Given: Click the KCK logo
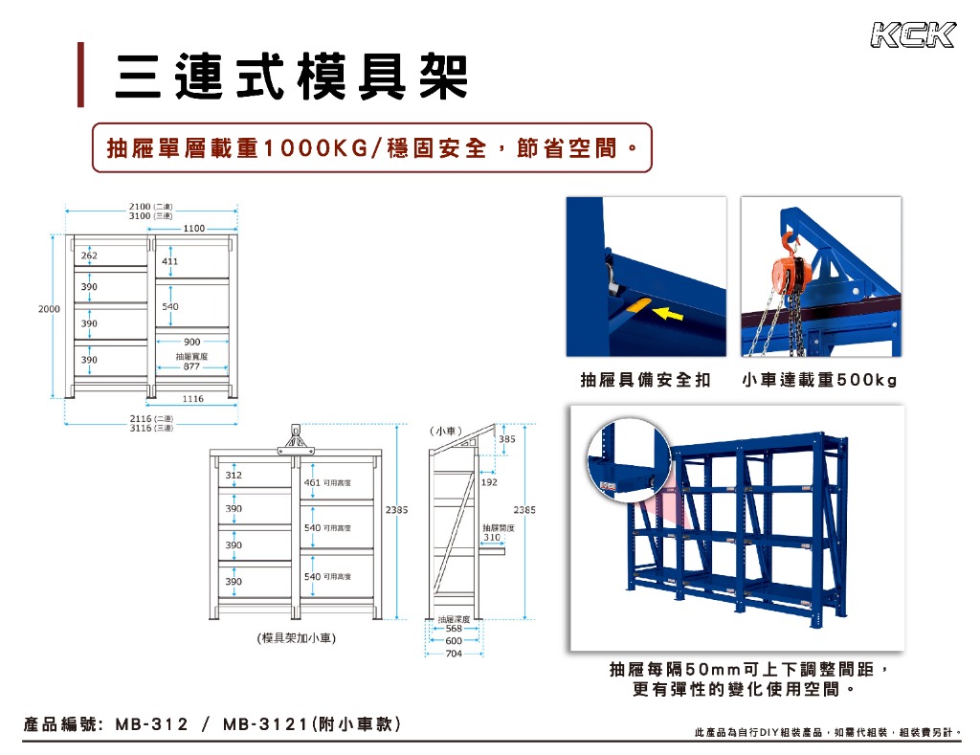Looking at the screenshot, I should coord(912,35).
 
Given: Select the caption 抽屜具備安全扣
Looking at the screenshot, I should coord(645,381).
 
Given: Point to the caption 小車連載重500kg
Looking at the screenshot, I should coord(819,381).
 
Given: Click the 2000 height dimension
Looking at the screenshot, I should coord(50,309).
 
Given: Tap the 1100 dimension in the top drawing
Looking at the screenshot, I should coord(194,229).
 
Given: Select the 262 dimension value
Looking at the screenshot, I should coord(89,256).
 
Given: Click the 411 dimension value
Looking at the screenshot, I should coord(169,260).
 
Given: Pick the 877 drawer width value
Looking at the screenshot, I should coord(191,366).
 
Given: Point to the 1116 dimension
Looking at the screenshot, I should coord(193,398).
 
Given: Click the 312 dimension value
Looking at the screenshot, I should coord(234,475).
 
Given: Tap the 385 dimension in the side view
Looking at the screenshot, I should coord(507,438).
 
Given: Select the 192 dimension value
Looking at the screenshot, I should coord(489,482).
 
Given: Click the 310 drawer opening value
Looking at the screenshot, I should coord(492,538).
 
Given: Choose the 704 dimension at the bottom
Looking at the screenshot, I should coord(454,654).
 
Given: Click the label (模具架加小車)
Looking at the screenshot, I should coord(296,637).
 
